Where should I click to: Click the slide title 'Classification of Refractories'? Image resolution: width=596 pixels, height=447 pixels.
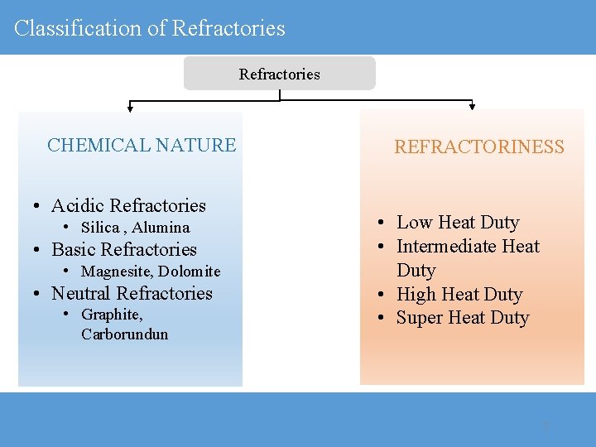coord(150,28)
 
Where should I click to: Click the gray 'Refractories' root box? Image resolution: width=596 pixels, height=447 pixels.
coord(279,74)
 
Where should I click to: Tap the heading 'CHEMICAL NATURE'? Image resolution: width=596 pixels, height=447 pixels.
coord(142,146)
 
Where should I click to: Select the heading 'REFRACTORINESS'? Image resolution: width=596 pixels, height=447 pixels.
coord(478,147)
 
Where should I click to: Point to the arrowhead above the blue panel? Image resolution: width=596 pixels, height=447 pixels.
coord(129,107)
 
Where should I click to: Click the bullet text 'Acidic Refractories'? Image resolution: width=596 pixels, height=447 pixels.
coord(128,205)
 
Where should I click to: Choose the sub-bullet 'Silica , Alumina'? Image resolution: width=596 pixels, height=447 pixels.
coord(136,228)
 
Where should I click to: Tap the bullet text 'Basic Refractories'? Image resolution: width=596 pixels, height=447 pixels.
coord(124,249)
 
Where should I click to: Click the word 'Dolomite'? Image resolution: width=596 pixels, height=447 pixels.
coord(190,272)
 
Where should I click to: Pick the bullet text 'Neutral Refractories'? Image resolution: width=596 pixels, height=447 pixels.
coord(132,293)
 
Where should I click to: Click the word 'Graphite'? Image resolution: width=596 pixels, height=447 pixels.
coord(112,315)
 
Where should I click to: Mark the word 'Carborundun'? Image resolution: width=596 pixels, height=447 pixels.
coord(124,334)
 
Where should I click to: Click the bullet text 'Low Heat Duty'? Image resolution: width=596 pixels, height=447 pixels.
coord(458,222)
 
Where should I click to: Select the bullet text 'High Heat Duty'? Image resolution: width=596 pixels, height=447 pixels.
coord(459,294)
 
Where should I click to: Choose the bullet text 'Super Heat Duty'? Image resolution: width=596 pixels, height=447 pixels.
coord(463,318)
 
